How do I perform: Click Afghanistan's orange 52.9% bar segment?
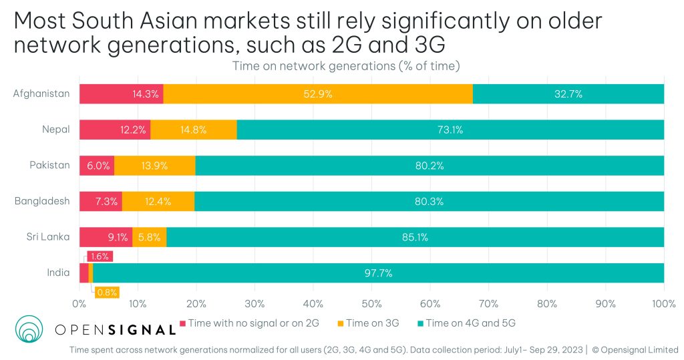pos(317,94)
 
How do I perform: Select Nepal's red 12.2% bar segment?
pos(115,130)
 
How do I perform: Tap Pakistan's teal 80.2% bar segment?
pos(430,166)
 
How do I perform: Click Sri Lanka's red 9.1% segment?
pos(106,236)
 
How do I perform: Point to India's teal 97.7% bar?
pos(378,273)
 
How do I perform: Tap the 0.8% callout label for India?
pos(107,292)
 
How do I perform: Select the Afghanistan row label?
pos(41,94)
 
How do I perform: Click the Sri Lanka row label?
pos(49,236)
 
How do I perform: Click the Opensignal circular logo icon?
pos(29,329)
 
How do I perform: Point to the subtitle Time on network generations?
pos(346,65)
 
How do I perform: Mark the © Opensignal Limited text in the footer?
pos(635,349)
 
